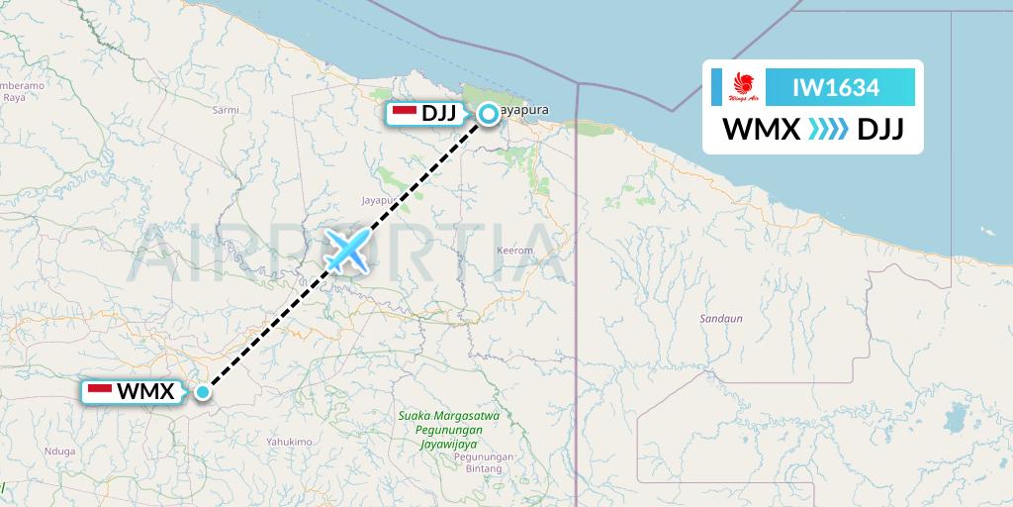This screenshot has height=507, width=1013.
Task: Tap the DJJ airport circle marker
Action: tap(489, 114)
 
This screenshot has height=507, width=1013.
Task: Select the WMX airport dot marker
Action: tap(203, 392)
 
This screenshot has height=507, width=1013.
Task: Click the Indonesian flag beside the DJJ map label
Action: tap(405, 113)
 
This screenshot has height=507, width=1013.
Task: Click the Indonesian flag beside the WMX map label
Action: tap(100, 391)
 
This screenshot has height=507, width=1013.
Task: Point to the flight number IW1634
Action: tap(836, 87)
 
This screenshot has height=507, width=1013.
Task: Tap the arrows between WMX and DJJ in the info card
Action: tap(829, 130)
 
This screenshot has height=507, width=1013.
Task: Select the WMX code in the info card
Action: tap(761, 130)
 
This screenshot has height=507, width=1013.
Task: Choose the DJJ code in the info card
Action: tap(880, 130)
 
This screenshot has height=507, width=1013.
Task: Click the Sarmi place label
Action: tap(227, 110)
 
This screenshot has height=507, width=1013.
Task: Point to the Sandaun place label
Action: tap(720, 319)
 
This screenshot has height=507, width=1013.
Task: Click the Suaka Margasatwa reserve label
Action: tap(448, 416)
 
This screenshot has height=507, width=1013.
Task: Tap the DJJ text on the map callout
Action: tap(438, 113)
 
